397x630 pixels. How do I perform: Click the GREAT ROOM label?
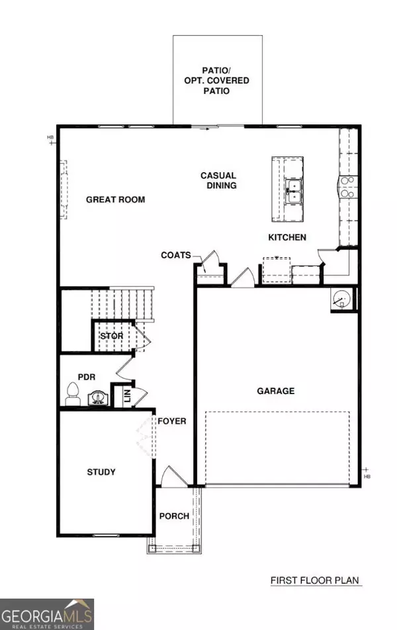pyautogui.click(x=115, y=199)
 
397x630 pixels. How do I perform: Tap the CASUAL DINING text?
pyautogui.click(x=218, y=180)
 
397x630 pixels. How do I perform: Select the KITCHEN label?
pyautogui.click(x=287, y=237)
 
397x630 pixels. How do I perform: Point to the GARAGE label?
pyautogui.click(x=275, y=391)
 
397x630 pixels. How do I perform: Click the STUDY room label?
pyautogui.click(x=101, y=472)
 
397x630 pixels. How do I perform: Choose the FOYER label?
pyautogui.click(x=171, y=421)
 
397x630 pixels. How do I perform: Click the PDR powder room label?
pyautogui.click(x=87, y=377)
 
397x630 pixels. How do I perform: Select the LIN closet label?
pyautogui.click(x=126, y=397)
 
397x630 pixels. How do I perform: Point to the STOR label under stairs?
pyautogui.click(x=111, y=336)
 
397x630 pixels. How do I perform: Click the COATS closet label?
pyautogui.click(x=175, y=255)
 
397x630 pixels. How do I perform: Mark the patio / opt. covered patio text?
pyautogui.click(x=216, y=80)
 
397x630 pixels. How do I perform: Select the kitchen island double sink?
pyautogui.click(x=292, y=193)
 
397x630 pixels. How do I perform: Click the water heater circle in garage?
pyautogui.click(x=341, y=299)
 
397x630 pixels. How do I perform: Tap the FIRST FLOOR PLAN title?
pyautogui.click(x=314, y=580)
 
